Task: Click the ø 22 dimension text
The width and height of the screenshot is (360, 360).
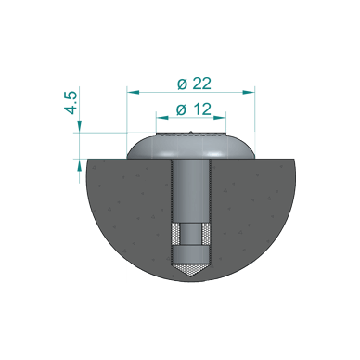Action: coord(193,83)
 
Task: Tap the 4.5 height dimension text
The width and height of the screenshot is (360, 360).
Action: coord(71,102)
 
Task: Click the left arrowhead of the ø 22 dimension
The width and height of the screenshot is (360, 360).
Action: coord(131,92)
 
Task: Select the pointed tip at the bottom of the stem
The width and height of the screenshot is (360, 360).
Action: coord(190,270)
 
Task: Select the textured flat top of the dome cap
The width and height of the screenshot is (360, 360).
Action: coord(190,139)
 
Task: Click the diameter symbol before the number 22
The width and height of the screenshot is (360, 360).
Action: coord(180,83)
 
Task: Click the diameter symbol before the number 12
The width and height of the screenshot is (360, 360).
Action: coord(180,109)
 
